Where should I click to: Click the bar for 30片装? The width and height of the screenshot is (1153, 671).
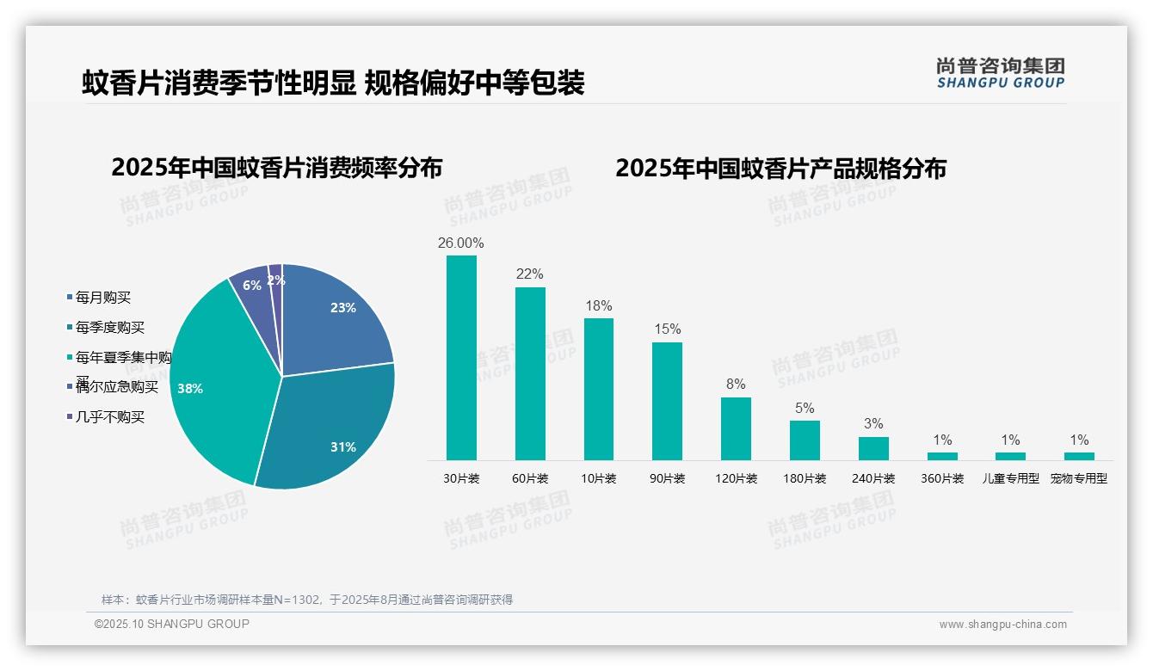point(461,357)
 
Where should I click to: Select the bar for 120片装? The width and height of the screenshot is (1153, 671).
point(736,428)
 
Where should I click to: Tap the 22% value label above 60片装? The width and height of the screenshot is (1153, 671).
point(529,274)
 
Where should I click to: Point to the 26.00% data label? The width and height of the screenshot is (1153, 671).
point(460,243)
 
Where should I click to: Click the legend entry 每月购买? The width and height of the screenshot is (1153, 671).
point(102,298)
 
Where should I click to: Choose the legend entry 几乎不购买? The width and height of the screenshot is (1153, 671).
point(109,417)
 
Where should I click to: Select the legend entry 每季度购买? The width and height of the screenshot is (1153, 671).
point(109,328)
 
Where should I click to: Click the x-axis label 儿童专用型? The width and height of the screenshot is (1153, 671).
point(1011,479)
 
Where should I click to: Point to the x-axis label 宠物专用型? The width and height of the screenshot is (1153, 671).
point(1079,479)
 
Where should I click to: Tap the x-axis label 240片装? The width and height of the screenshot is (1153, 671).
point(873,479)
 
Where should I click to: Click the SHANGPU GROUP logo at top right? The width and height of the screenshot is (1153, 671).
point(1000,73)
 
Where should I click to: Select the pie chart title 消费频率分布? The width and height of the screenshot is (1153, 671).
point(276,168)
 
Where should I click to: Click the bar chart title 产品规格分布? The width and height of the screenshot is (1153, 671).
point(780,168)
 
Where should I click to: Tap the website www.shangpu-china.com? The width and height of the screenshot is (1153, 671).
point(1002,625)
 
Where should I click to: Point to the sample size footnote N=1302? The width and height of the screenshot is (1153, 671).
point(306,600)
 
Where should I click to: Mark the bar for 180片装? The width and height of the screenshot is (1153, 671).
point(805,440)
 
